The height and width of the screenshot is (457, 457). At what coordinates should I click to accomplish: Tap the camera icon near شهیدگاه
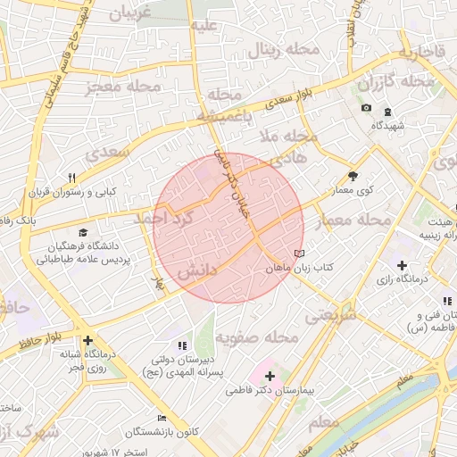pyautogui.click(x=366, y=109)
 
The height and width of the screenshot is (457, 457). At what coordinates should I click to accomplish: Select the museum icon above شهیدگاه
pyautogui.click(x=386, y=112)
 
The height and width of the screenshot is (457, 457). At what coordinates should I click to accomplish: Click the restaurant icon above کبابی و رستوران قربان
pyautogui.click(x=71, y=177)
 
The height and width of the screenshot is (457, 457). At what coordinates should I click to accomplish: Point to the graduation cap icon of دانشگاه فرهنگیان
pyautogui.click(x=82, y=234)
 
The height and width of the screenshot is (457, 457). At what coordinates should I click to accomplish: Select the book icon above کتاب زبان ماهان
pyautogui.click(x=299, y=253)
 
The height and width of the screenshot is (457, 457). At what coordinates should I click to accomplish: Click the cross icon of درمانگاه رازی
pyautogui.click(x=403, y=266)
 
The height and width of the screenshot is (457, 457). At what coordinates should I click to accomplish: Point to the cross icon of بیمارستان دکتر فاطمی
pyautogui.click(x=270, y=377)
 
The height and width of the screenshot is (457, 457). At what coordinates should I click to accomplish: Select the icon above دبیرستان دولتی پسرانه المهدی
pyautogui.click(x=182, y=345)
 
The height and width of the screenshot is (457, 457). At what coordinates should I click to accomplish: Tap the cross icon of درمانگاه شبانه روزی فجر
pyautogui.click(x=87, y=340)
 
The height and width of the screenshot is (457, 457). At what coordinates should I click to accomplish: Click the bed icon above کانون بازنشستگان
pyautogui.click(x=162, y=418)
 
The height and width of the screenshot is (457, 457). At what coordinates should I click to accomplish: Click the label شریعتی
pyautogui.click(x=331, y=315)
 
